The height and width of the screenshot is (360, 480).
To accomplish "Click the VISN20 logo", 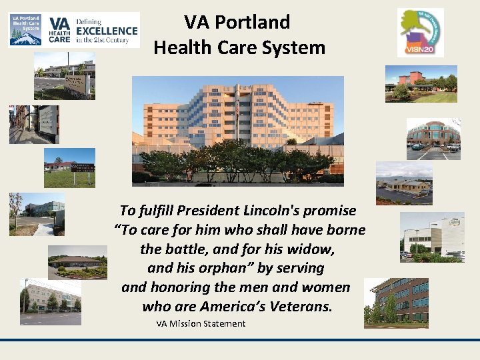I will [420, 32].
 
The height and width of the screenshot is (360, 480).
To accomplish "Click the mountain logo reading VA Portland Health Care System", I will [25, 29].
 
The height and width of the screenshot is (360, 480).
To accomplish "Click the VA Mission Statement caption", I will [201, 324].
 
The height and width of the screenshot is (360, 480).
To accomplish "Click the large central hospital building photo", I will [238, 130].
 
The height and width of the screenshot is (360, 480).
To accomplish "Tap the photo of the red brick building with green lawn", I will [421, 84].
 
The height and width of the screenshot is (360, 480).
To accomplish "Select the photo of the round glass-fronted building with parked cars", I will [433, 139].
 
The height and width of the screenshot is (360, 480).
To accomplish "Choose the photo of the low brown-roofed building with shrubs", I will [77, 262].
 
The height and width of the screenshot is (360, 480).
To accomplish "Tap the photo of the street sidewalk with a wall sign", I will [33, 125].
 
